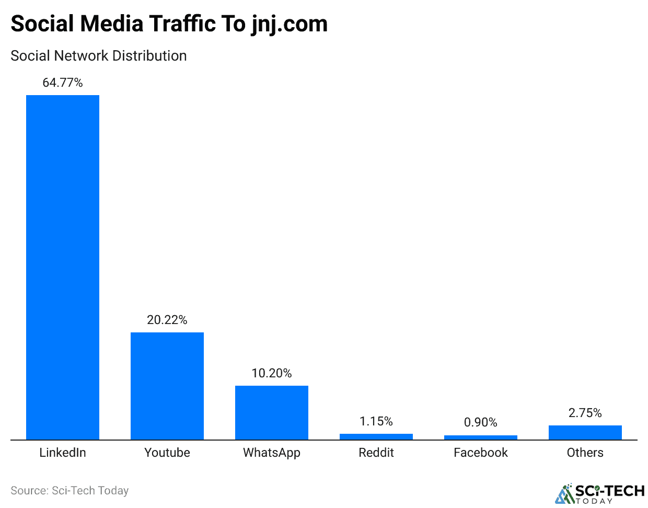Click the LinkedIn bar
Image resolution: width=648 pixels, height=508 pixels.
pyautogui.click(x=63, y=267)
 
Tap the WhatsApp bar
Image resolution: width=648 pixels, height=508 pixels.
pyautogui.click(x=272, y=412)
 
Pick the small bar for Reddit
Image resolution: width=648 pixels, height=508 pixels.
pyautogui.click(x=376, y=437)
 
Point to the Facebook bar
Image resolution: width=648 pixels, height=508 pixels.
pyautogui.click(x=481, y=437)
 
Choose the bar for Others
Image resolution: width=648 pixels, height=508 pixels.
pyautogui.click(x=585, y=432)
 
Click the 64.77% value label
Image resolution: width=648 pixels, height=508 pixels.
pyautogui.click(x=63, y=83)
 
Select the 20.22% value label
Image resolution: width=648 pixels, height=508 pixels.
pyautogui.click(x=167, y=320)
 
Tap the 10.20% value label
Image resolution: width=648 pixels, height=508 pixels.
pyautogui.click(x=272, y=373)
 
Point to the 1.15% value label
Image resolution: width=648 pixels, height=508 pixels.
pyautogui.click(x=376, y=421)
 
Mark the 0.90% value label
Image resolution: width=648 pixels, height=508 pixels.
pyautogui.click(x=481, y=422)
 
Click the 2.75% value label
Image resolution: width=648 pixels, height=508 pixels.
pyautogui.click(x=585, y=413)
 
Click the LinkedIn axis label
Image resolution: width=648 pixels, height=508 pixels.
pyautogui.click(x=63, y=453)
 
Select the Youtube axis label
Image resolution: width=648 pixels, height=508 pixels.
pyautogui.click(x=167, y=453)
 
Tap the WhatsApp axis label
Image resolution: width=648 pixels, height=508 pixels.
pyautogui.click(x=272, y=453)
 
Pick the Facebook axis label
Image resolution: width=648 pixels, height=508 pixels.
pyautogui.click(x=481, y=453)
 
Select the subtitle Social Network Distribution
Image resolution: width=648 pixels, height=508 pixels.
pyautogui.click(x=99, y=56)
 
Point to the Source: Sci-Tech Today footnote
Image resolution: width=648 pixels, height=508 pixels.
pyautogui.click(x=70, y=491)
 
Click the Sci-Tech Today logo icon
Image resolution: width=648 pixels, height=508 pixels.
pyautogui.click(x=564, y=494)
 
